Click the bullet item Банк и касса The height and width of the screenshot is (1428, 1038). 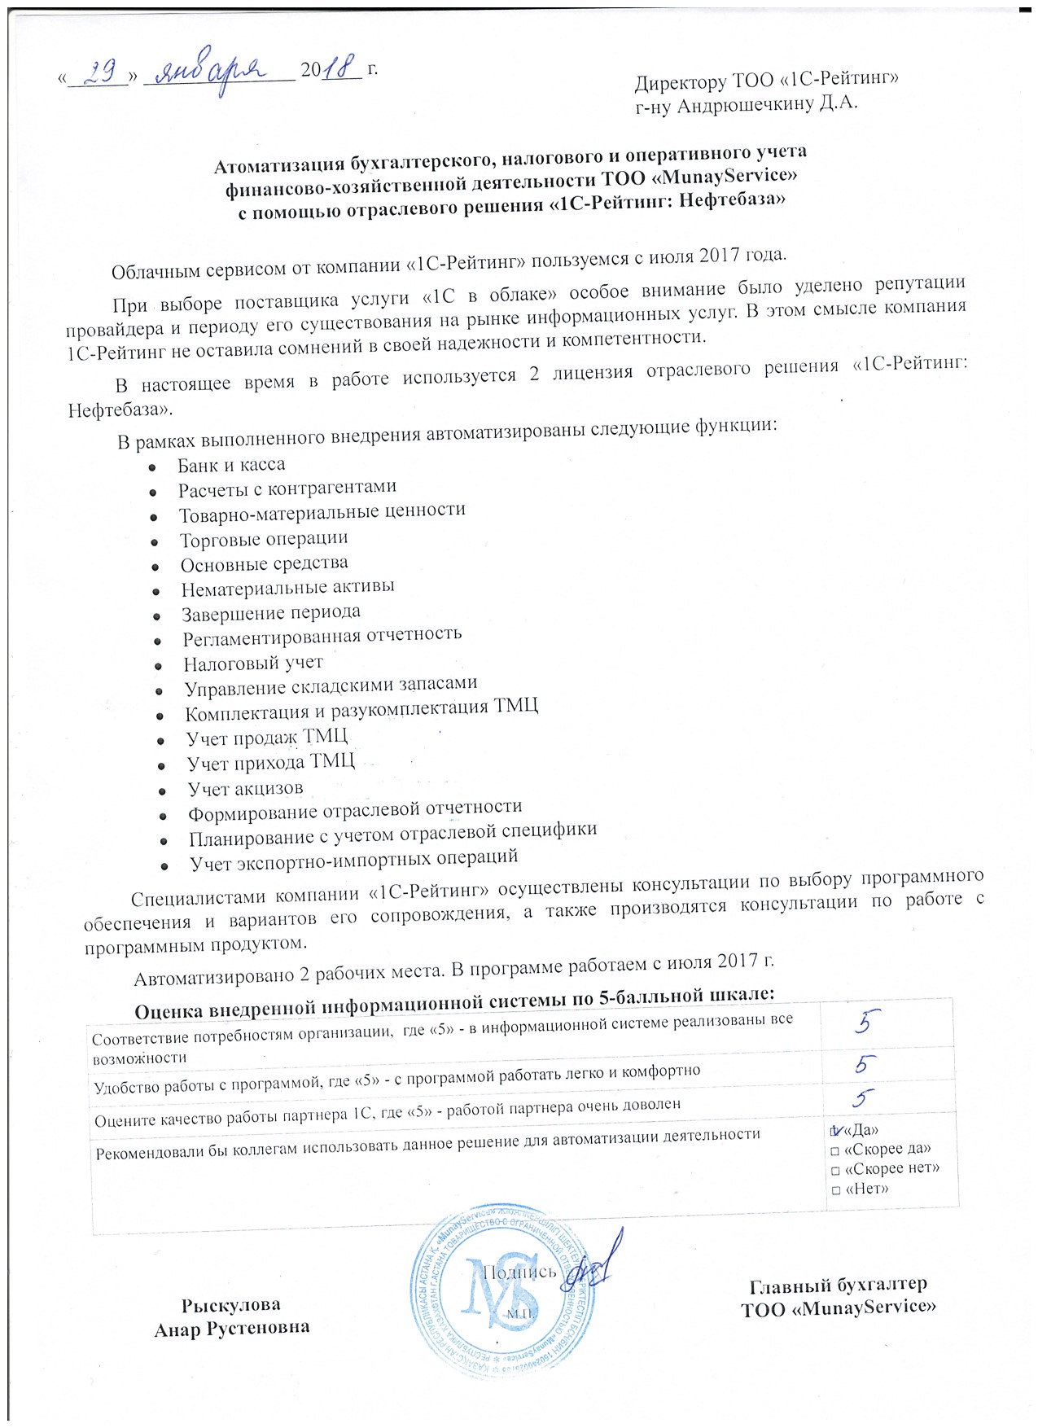(231, 465)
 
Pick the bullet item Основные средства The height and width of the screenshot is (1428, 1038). (264, 563)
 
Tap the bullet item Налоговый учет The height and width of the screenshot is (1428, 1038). (253, 663)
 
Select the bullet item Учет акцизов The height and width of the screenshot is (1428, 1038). (245, 788)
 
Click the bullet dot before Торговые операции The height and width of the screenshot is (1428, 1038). (154, 541)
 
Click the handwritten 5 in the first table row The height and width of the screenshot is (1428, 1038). (867, 1021)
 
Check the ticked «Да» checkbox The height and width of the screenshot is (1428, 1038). (835, 1130)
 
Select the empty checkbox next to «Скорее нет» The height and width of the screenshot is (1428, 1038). (835, 1171)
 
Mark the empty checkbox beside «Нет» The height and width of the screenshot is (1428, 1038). (835, 1190)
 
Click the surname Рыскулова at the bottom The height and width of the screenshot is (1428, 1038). (231, 1304)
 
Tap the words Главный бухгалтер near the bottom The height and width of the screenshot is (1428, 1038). (838, 1285)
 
